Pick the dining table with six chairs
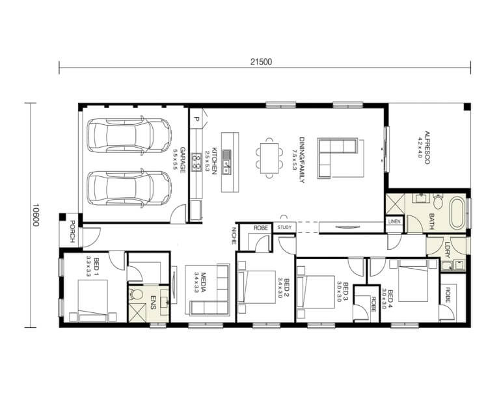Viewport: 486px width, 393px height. pos(269,158)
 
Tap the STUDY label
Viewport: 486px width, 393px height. pos(284,228)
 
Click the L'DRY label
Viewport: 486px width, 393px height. pos(447,249)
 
